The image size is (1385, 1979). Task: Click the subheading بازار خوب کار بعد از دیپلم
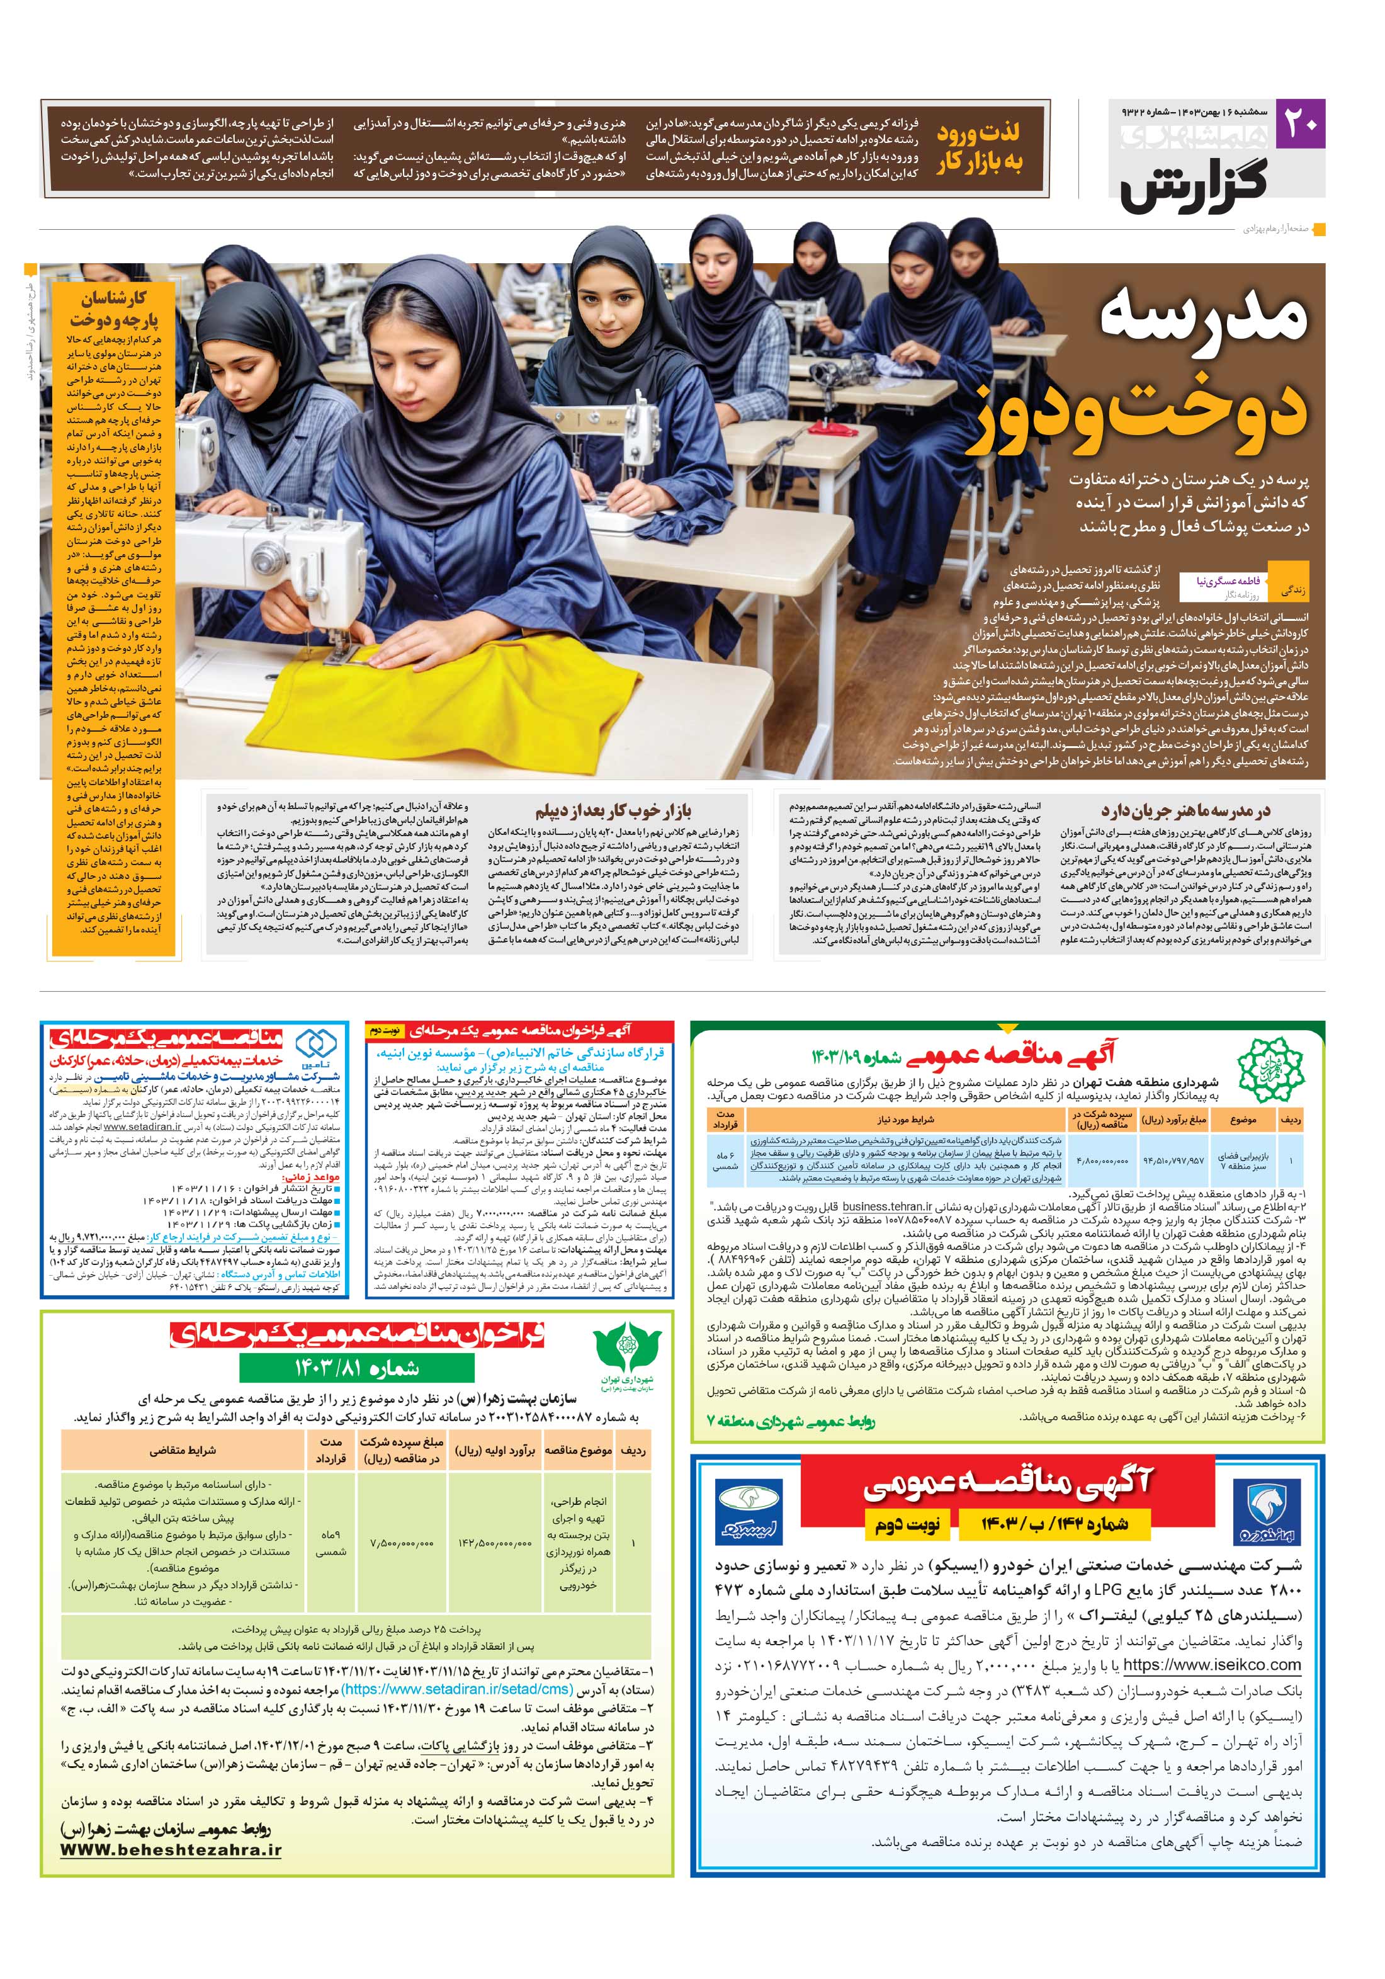pyautogui.click(x=614, y=810)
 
